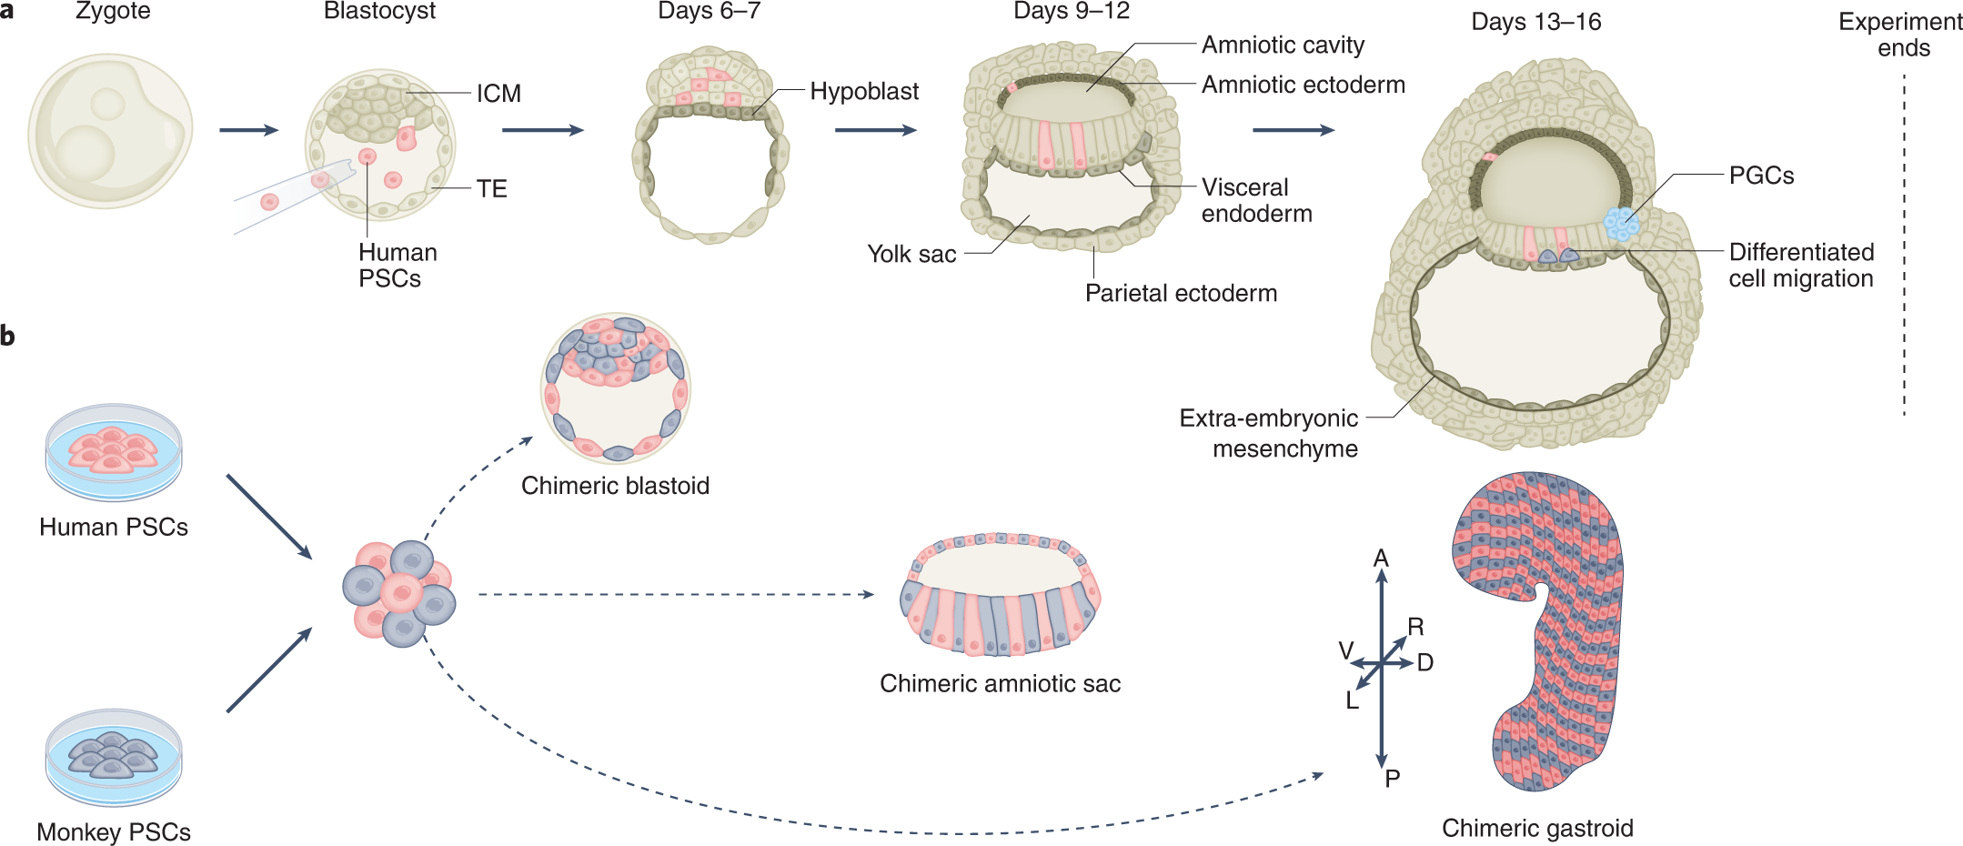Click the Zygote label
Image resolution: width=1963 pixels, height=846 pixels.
click(x=113, y=11)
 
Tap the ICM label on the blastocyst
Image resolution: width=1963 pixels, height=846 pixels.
click(x=498, y=94)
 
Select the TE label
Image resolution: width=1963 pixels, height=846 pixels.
click(x=491, y=188)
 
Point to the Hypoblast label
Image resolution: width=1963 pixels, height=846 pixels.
click(x=863, y=92)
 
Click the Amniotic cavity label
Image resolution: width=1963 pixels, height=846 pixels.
click(x=1283, y=45)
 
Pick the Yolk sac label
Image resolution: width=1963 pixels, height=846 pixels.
click(x=911, y=254)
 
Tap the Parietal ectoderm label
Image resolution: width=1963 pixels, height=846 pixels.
click(x=1181, y=293)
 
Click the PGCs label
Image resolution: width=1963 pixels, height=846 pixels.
click(x=1761, y=176)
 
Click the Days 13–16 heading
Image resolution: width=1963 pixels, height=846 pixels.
click(x=1535, y=22)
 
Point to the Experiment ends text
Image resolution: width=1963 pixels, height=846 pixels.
click(x=1900, y=35)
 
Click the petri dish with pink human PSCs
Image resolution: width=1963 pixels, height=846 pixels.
click(x=114, y=452)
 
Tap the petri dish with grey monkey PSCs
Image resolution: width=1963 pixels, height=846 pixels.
click(x=114, y=757)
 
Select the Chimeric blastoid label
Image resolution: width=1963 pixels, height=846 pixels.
click(x=615, y=486)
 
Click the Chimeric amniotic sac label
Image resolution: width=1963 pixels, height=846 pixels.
click(x=1000, y=683)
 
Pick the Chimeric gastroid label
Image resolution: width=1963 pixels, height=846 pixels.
click(x=1537, y=828)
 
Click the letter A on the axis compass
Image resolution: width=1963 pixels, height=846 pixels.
click(x=1381, y=558)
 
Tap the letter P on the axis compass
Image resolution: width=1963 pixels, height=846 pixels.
click(x=1392, y=779)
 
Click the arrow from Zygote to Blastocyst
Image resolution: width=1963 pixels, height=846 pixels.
click(x=248, y=130)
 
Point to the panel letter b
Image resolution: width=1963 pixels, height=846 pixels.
click(x=8, y=337)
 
